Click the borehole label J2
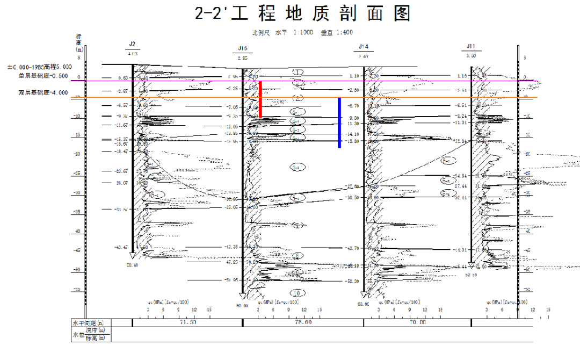click(132, 44)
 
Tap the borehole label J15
click(242, 48)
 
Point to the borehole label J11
click(471, 46)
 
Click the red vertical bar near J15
click(260, 99)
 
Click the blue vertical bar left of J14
click(339, 123)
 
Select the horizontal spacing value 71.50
click(187, 322)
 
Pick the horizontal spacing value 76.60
click(303, 322)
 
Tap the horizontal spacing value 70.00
click(417, 322)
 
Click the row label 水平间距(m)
click(89, 322)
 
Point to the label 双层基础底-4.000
click(43, 92)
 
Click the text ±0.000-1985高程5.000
click(38, 68)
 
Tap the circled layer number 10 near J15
click(296, 293)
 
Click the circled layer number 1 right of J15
click(299, 71)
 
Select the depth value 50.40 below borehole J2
click(132, 265)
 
